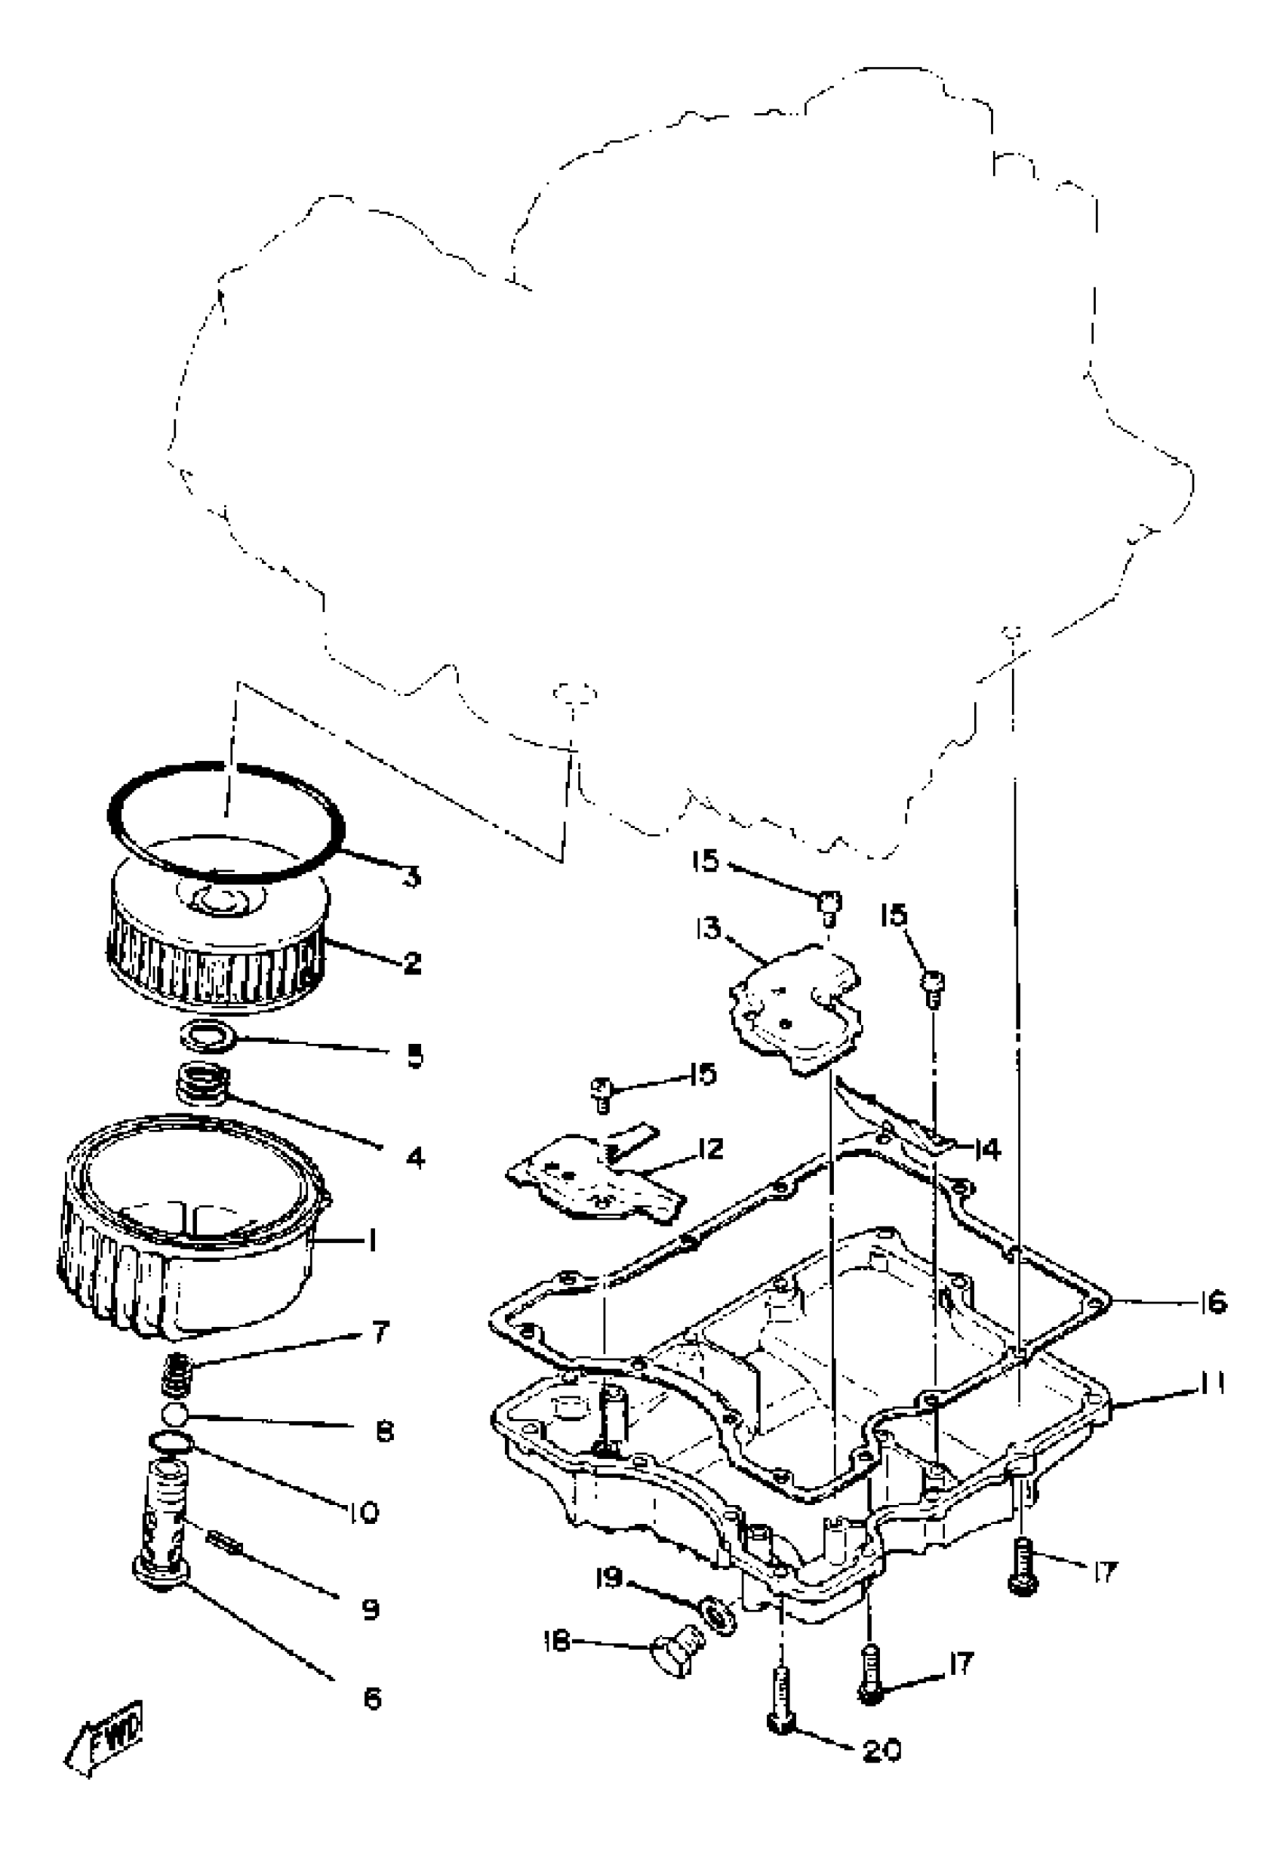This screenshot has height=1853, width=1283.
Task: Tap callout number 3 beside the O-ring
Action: [x=411, y=876]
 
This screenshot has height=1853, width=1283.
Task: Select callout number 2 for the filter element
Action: [x=411, y=962]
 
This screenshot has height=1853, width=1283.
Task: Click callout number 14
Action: [x=987, y=1150]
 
